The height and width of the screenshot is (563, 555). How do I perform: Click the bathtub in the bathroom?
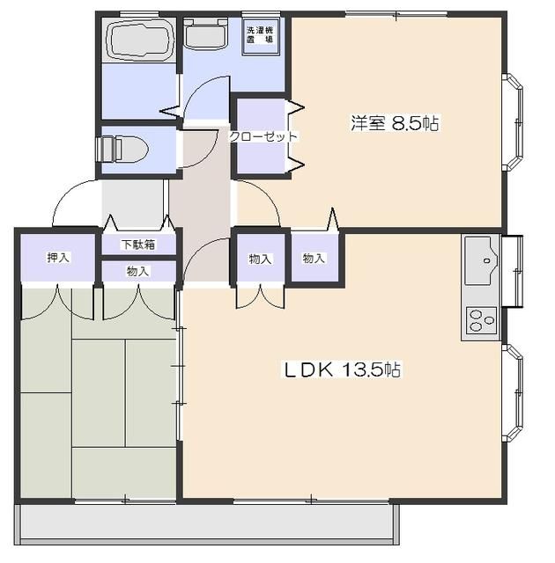(x=139, y=40)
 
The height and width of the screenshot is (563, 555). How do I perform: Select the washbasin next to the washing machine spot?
(x=205, y=34)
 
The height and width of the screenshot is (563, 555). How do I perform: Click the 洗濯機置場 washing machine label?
(x=260, y=35)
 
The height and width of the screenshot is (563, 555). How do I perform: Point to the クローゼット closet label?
(x=263, y=136)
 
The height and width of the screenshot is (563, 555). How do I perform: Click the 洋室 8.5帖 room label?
(x=395, y=123)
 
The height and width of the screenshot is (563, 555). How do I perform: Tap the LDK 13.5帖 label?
(x=342, y=369)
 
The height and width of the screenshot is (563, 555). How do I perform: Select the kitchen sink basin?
(x=481, y=260)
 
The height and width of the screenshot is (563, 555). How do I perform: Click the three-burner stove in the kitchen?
(x=481, y=320)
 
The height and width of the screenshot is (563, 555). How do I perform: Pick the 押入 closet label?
(x=58, y=257)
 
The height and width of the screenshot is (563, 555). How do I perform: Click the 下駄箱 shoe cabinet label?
(x=138, y=245)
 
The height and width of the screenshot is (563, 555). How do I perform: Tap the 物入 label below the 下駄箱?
(x=137, y=271)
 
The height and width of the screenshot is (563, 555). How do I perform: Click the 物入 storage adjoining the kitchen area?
(x=314, y=258)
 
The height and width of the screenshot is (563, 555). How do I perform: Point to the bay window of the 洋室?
(x=514, y=122)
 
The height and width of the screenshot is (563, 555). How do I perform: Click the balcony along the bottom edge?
(x=207, y=523)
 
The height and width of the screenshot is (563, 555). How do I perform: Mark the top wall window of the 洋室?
(x=396, y=14)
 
